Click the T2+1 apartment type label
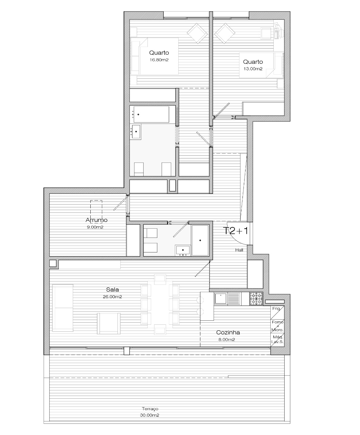[x=235, y=231]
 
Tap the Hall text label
[x=239, y=250]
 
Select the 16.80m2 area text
[x=159, y=60]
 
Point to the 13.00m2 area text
[x=253, y=69]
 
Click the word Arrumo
[x=96, y=220]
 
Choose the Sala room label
[x=112, y=289]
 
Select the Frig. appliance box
[x=277, y=313]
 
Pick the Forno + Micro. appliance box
[x=277, y=326]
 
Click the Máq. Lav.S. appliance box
[x=277, y=340]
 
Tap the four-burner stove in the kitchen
[x=256, y=299]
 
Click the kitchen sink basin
[x=221, y=299]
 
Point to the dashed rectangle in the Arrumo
[x=96, y=209]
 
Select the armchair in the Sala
[x=109, y=323]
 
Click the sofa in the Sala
[x=62, y=308]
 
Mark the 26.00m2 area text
[x=112, y=297]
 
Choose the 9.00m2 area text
[x=95, y=227]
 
